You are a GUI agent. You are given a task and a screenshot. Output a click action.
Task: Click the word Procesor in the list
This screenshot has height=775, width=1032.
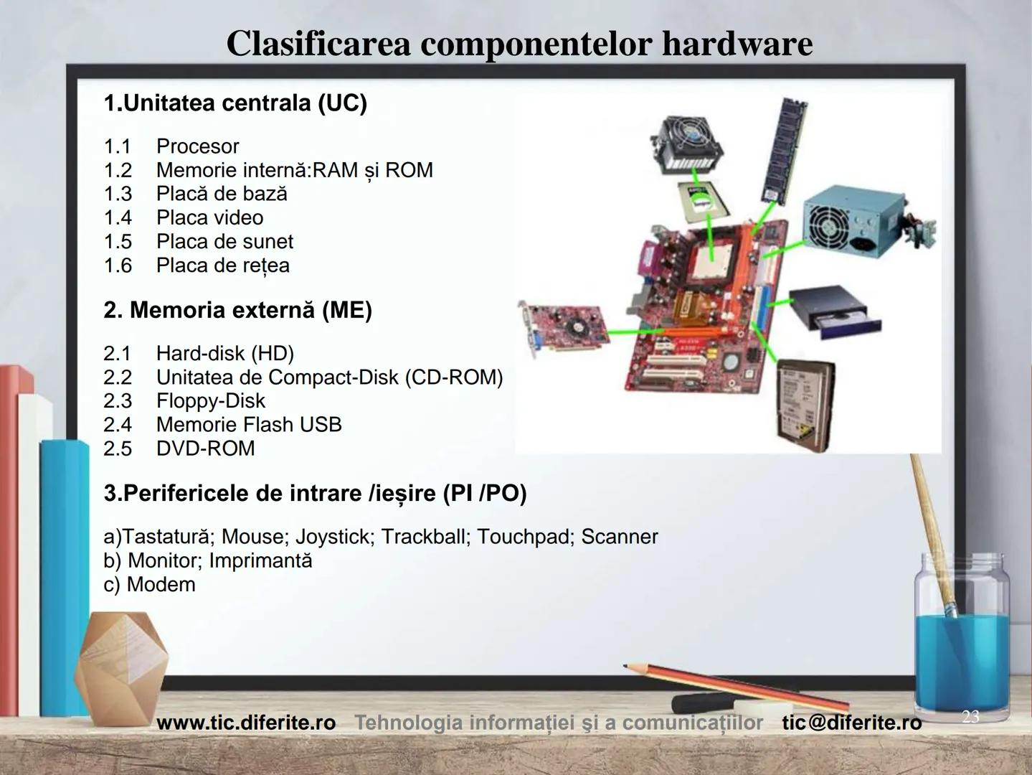coord(197,146)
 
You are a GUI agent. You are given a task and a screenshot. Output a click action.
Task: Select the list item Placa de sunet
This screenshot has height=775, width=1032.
coord(224,242)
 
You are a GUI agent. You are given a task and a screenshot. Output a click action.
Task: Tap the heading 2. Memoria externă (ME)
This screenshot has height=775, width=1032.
coord(238,310)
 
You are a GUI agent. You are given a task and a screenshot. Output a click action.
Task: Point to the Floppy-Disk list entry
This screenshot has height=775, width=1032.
coord(211,401)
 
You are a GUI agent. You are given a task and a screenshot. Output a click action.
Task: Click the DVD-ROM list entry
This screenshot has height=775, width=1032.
coord(205,448)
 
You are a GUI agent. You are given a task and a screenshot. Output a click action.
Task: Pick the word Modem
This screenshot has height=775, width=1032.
coord(161,585)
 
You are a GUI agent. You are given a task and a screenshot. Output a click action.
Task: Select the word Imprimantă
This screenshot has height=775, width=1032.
coord(260,560)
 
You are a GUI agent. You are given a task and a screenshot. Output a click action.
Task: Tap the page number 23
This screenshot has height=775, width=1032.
coord(970,716)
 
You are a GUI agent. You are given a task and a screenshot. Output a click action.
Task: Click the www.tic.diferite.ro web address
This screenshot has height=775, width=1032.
coord(247,723)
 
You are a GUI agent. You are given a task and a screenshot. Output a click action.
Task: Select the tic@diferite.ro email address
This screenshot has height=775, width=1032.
coord(852,723)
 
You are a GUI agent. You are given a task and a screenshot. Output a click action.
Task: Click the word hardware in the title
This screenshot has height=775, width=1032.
coord(738,44)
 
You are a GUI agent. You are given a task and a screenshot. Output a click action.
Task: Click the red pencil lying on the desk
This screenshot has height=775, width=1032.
coord(737,687)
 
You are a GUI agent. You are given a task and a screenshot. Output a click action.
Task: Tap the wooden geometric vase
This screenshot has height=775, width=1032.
coord(121,668)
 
